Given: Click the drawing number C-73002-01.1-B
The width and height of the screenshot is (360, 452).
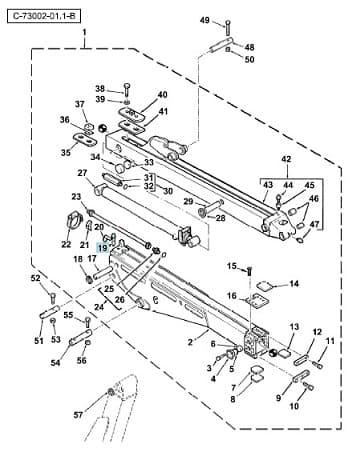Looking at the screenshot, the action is pyautogui.click(x=43, y=16).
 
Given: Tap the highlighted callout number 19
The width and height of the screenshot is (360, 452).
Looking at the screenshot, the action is pyautogui.click(x=102, y=248).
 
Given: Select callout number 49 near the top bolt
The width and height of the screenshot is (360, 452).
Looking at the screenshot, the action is pyautogui.click(x=205, y=20).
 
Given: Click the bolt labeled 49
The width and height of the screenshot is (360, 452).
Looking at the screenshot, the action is pyautogui.click(x=228, y=27).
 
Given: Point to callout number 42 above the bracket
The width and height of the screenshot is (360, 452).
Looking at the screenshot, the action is pyautogui.click(x=287, y=159).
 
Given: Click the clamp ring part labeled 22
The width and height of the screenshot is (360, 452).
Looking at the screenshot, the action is pyautogui.click(x=74, y=220).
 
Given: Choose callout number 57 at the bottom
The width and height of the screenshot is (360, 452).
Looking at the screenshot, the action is pyautogui.click(x=78, y=415).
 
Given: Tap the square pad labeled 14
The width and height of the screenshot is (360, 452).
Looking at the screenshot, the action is pyautogui.click(x=266, y=285).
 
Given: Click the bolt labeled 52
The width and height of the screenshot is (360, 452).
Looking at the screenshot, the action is pyautogui.click(x=53, y=297).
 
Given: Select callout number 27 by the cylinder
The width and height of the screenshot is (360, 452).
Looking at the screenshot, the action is pyautogui.click(x=82, y=173).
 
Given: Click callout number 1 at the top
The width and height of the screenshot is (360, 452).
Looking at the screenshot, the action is pyautogui.click(x=84, y=33).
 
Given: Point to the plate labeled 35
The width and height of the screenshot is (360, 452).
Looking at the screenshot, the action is pyautogui.click(x=85, y=140).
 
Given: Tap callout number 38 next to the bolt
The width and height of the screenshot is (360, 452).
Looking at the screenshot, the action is pyautogui.click(x=100, y=89).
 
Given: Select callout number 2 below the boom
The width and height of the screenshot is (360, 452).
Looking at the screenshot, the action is pyautogui.click(x=190, y=342).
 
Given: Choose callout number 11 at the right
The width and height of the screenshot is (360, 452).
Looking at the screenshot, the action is pyautogui.click(x=330, y=341).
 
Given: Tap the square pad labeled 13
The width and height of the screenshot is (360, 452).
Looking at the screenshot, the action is pyautogui.click(x=285, y=352).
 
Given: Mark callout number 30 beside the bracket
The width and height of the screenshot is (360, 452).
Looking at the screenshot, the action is pyautogui.click(x=168, y=191).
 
